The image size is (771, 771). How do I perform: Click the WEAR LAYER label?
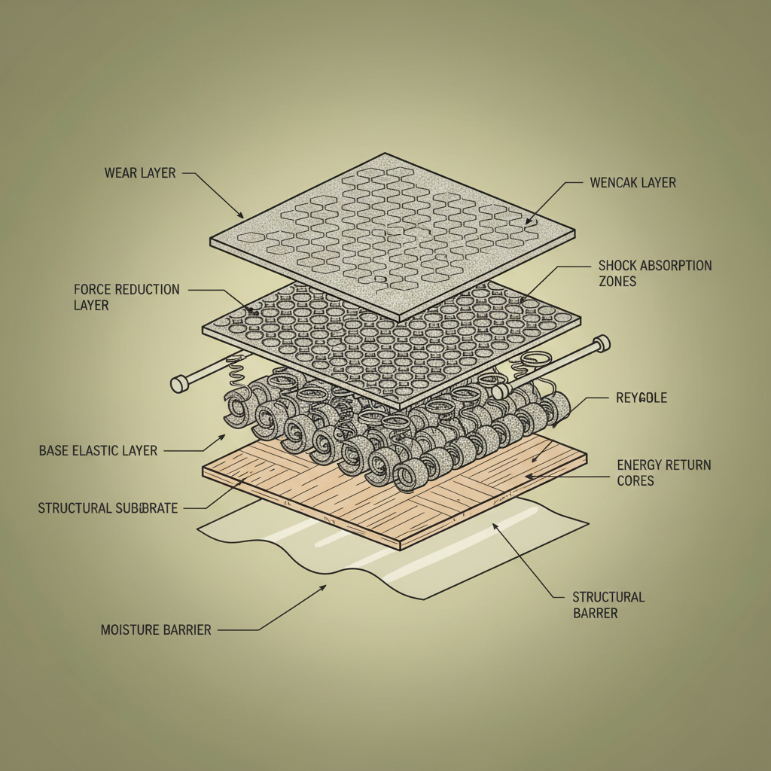click(140, 173)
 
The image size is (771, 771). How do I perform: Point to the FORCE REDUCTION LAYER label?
click(126, 297)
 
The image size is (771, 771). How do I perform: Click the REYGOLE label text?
click(641, 398)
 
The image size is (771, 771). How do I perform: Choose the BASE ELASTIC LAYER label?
click(98, 451)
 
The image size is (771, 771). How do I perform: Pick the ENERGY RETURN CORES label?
click(663, 473)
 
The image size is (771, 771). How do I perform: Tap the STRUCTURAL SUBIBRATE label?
click(108, 508)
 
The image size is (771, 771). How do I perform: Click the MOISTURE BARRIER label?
click(156, 629)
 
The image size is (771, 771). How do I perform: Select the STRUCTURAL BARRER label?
click(608, 605)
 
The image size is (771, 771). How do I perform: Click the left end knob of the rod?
click(179, 385)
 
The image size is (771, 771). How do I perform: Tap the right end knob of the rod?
click(602, 344)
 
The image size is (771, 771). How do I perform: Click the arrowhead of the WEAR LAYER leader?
click(242, 216)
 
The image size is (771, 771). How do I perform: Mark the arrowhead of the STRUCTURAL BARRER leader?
click(495, 525)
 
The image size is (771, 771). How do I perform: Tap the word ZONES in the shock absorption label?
click(617, 282)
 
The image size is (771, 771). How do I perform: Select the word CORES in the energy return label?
click(636, 481)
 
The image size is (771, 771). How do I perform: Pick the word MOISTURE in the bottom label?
click(130, 629)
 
